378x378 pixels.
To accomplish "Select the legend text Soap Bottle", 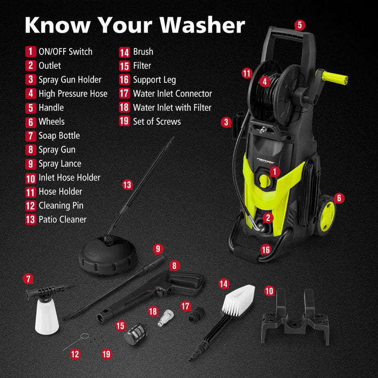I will (x=59, y=136).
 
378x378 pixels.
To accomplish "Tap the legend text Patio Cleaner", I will (x=62, y=219).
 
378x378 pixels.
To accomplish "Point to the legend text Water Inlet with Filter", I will (x=172, y=107).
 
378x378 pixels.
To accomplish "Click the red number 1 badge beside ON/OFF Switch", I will (x=31, y=52).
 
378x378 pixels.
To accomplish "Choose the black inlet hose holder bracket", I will (x=295, y=319).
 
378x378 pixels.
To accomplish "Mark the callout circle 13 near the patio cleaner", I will (x=127, y=185).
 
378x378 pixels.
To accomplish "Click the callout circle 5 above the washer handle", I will (x=300, y=25).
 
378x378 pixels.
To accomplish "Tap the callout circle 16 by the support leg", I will (x=265, y=249).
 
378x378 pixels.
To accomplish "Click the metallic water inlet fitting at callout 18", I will (x=163, y=319).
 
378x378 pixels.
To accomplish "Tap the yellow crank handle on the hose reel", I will (x=335, y=79).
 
